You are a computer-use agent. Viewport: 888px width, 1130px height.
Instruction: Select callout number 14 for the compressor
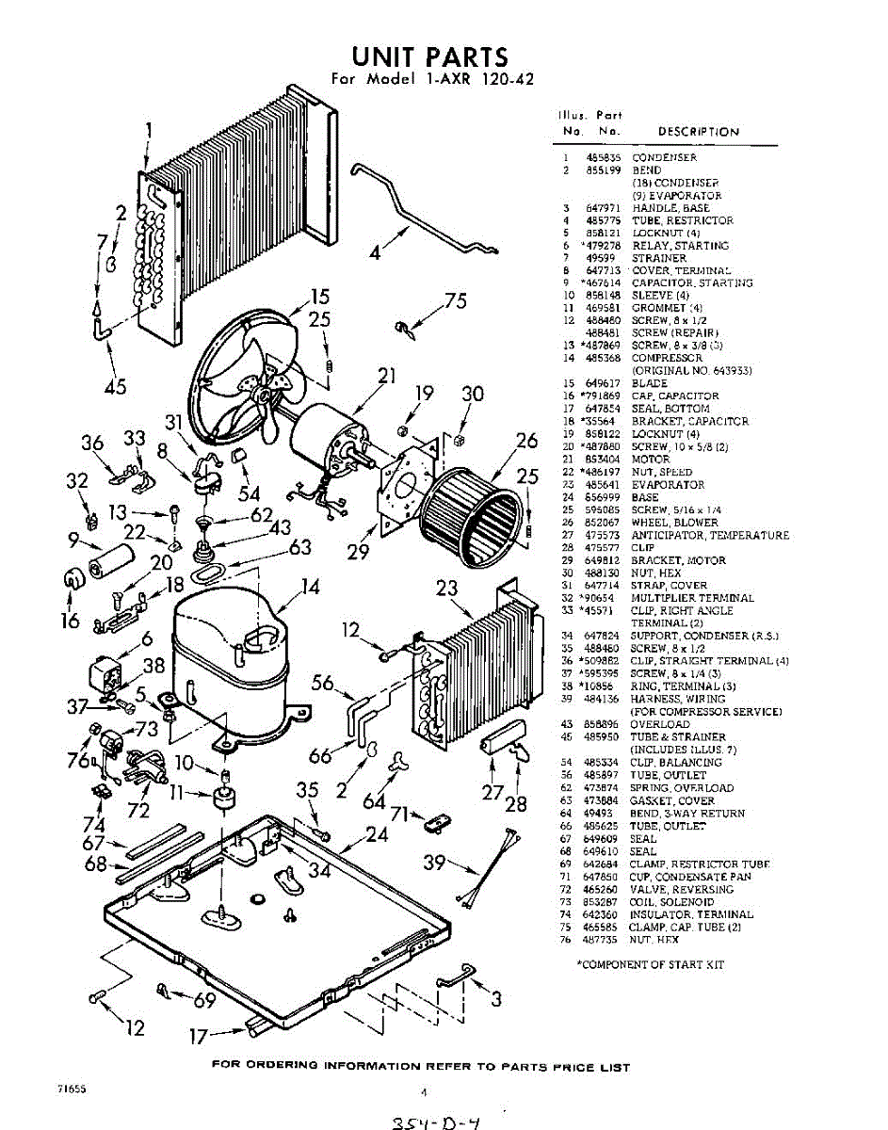[x=310, y=589]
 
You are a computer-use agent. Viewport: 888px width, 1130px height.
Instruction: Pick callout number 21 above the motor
[x=386, y=376]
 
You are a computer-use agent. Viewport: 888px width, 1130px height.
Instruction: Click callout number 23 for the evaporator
[x=447, y=589]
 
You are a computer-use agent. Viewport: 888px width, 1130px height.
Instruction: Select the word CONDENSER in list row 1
[x=664, y=157]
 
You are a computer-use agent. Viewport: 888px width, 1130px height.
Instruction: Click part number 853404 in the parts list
[x=601, y=460]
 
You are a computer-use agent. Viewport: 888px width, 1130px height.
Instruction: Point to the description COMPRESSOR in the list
[x=667, y=358]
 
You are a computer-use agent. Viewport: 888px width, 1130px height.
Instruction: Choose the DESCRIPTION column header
[x=698, y=132]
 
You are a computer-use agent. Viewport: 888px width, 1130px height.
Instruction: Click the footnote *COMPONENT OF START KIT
[x=650, y=964]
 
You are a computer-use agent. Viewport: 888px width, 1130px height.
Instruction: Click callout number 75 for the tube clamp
[x=456, y=301]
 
